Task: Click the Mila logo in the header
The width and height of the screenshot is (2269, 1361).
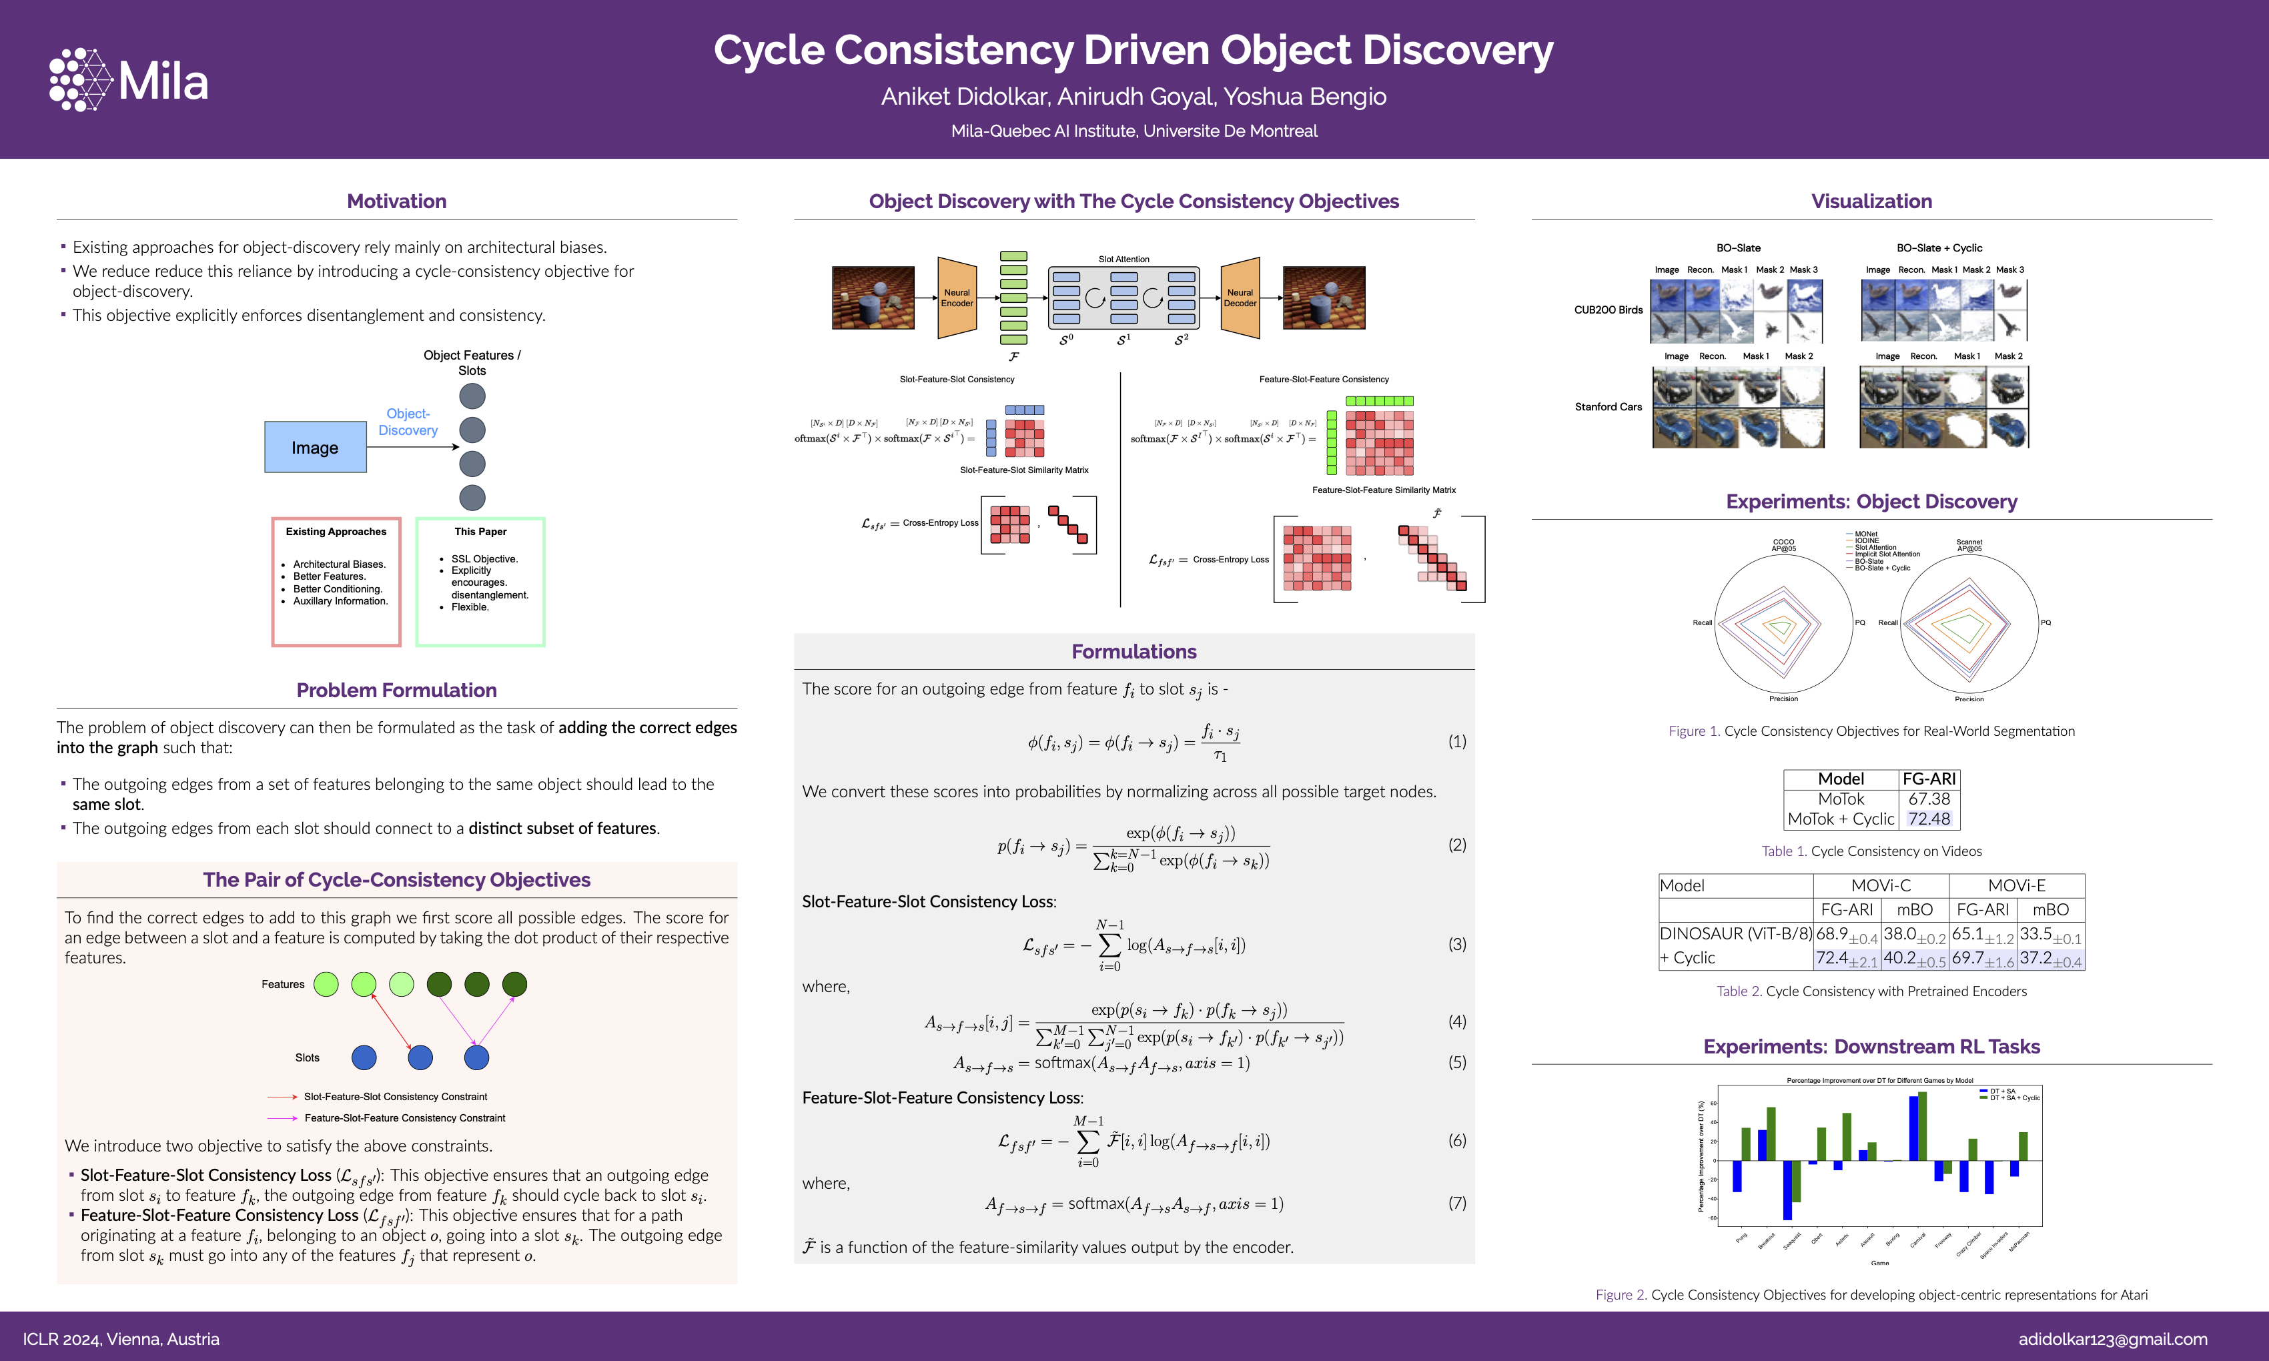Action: coord(128,81)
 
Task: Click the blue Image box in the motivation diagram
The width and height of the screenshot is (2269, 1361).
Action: coord(316,448)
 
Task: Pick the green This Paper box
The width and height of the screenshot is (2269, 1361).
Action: coord(480,582)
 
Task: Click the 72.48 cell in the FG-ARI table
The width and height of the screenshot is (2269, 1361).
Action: coord(1929,819)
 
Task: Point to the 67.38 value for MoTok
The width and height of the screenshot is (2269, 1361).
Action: coord(1929,799)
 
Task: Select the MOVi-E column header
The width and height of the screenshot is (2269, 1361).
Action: coord(2016,886)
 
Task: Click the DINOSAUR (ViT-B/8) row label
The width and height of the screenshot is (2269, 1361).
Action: coord(1735,933)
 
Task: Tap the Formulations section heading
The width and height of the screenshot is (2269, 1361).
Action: coord(1133,652)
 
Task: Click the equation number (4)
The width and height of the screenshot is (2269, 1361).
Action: coord(1456,1021)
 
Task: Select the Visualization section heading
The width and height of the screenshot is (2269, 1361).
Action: coord(1871,201)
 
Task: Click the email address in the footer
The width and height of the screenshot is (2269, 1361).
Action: coord(2112,1339)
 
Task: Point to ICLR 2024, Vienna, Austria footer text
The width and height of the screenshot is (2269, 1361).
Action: coord(121,1339)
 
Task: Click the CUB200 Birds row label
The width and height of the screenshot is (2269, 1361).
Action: coord(1608,310)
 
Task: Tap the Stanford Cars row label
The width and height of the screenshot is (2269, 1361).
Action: coord(1608,407)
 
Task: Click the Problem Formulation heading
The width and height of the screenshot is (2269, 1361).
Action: coord(396,691)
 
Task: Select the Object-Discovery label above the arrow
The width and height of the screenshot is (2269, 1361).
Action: coord(408,422)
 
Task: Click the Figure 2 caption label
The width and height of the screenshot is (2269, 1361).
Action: coord(1621,1295)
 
